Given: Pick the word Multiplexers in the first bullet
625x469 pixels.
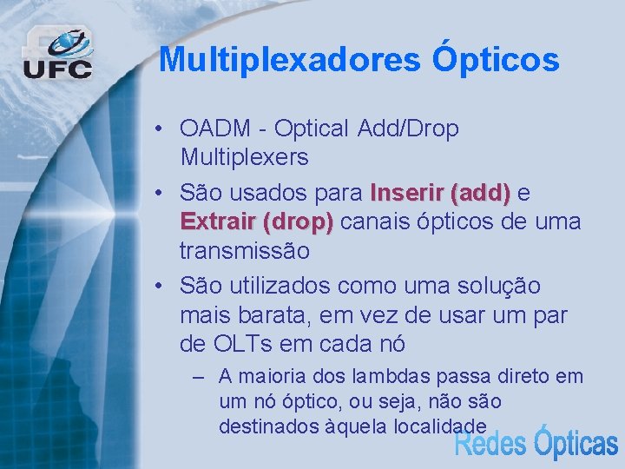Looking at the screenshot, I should [244, 157].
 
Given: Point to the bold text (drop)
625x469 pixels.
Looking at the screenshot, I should [297, 221].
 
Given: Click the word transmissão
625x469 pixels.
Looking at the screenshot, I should [244, 251].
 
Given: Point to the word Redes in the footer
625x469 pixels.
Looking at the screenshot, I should [490, 444].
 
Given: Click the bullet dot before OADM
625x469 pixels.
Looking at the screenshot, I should [162, 129].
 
